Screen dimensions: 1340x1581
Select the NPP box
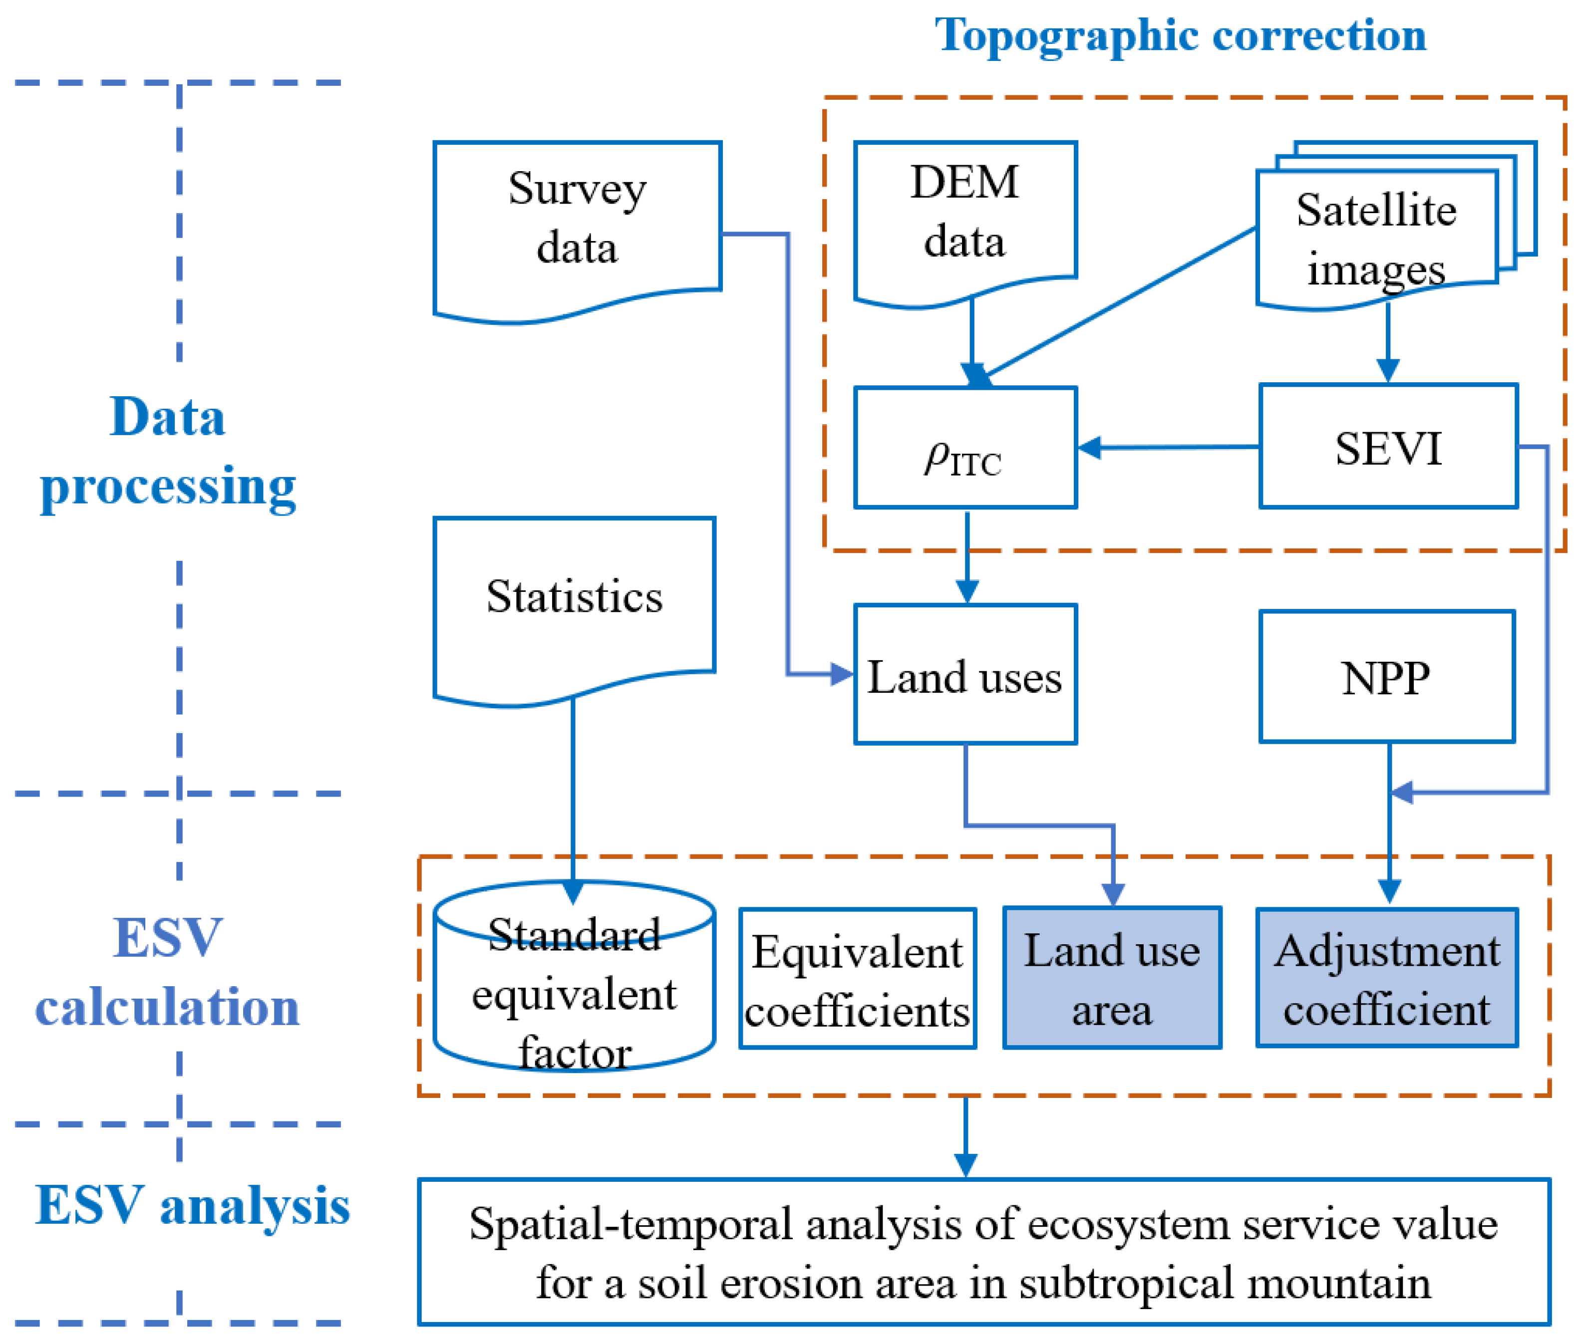click(x=1386, y=677)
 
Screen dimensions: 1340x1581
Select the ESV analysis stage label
click(x=192, y=1206)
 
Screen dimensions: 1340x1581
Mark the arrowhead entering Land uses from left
click(x=841, y=674)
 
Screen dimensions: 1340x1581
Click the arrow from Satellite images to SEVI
click(x=1387, y=342)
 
